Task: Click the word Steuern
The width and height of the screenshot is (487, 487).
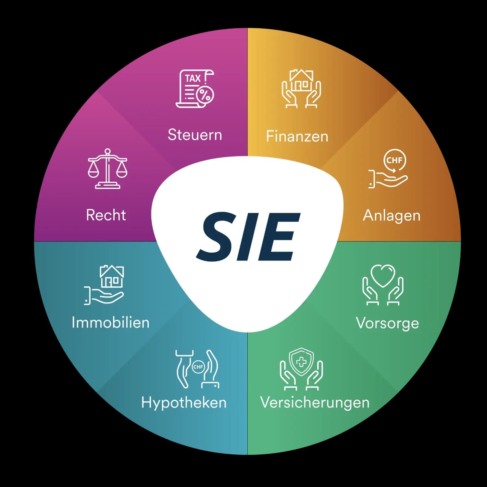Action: (x=195, y=135)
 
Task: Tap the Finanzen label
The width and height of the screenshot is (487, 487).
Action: (x=297, y=136)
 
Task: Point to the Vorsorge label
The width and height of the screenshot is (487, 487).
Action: (x=387, y=323)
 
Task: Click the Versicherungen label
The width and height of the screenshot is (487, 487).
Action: (x=315, y=403)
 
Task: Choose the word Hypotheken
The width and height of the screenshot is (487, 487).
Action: (x=184, y=403)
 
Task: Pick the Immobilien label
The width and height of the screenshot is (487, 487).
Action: (x=110, y=322)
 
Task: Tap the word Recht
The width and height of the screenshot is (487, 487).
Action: (x=106, y=215)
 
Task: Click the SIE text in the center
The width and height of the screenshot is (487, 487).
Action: (x=248, y=236)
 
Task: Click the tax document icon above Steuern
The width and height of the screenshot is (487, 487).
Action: (x=195, y=88)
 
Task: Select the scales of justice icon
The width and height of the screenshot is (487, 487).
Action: (x=107, y=169)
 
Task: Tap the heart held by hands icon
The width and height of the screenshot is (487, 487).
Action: (x=383, y=285)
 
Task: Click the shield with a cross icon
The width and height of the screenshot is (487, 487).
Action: (x=301, y=369)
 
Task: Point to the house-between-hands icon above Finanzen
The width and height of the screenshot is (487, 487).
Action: (x=301, y=88)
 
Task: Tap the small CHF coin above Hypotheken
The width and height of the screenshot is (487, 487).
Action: (x=198, y=367)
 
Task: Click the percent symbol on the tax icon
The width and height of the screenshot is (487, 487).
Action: (x=205, y=95)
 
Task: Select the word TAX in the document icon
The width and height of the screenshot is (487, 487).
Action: (x=193, y=79)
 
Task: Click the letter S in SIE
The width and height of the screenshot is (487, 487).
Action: (x=216, y=236)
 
